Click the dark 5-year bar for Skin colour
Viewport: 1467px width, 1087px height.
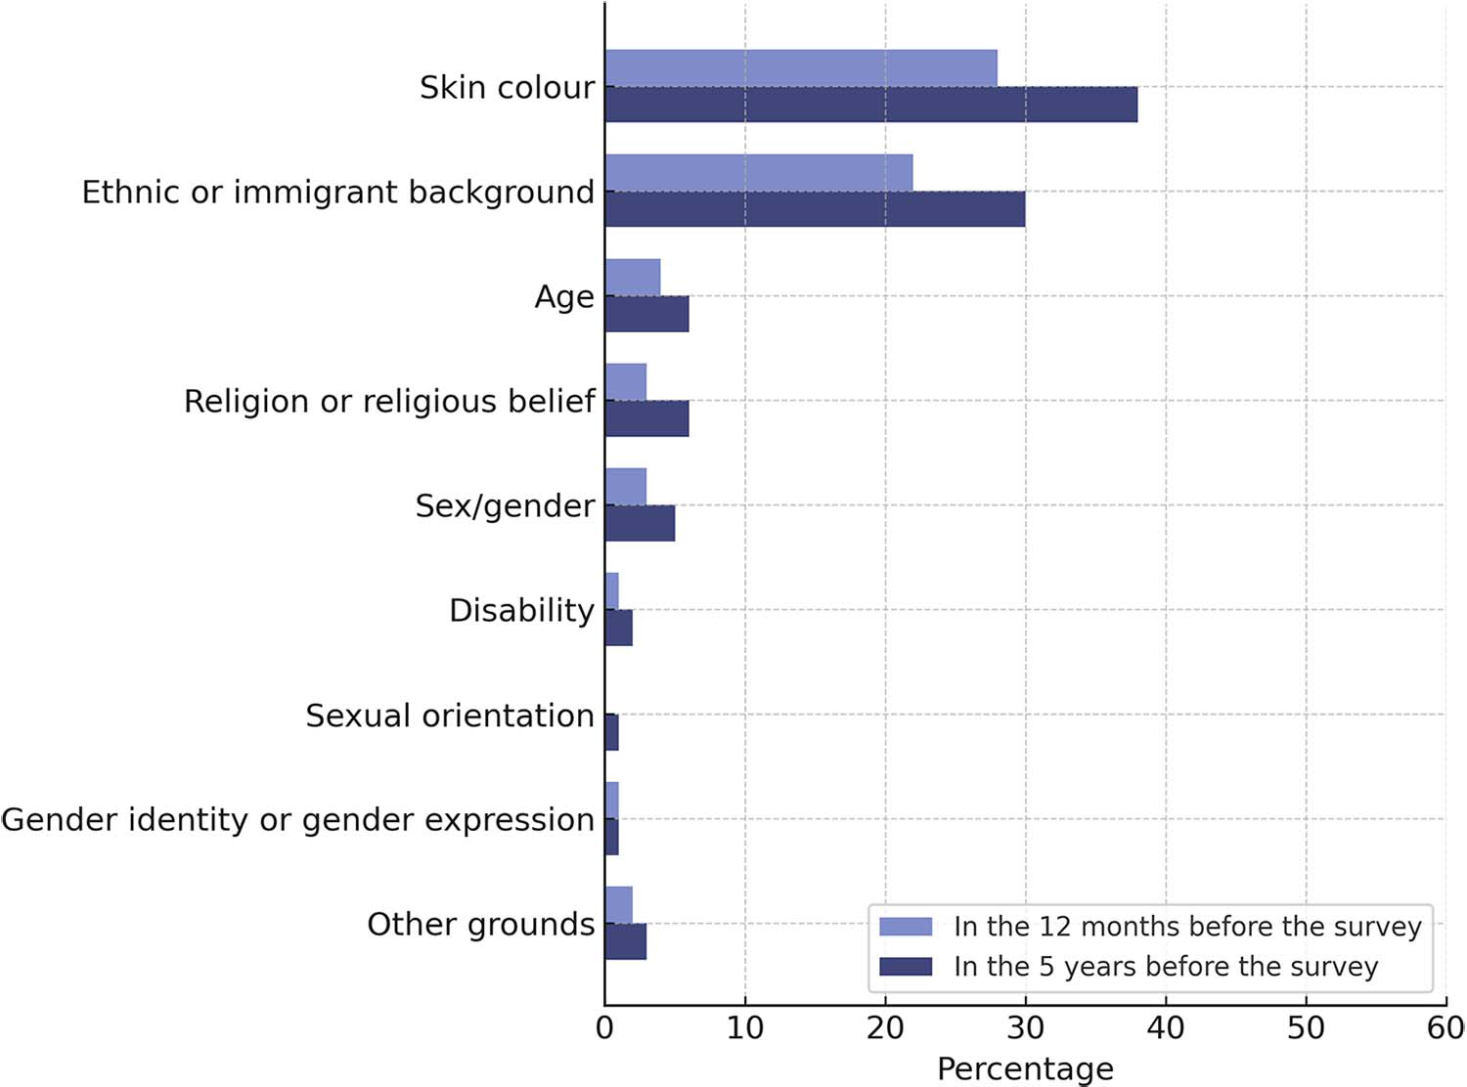[870, 105]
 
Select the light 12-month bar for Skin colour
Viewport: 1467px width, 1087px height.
[801, 68]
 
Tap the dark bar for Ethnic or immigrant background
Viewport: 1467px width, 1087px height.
[815, 209]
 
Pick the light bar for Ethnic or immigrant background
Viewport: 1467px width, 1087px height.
[759, 173]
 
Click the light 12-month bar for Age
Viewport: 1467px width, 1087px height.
[633, 278]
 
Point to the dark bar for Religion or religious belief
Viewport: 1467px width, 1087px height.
[646, 418]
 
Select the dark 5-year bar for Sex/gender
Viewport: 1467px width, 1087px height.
[640, 523]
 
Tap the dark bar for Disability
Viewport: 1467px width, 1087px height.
[619, 628]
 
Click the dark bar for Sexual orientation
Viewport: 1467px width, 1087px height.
[612, 732]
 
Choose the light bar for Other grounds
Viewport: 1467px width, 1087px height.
[619, 905]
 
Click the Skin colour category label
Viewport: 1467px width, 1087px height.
[507, 87]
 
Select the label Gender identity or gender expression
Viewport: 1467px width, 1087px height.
[297, 819]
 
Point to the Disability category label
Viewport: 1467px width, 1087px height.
[521, 610]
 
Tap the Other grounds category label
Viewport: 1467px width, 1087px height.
[480, 924]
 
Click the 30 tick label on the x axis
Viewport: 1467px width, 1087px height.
[1025, 1028]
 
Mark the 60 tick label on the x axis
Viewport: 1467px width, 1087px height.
[1445, 1028]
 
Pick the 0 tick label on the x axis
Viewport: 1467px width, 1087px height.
[604, 1028]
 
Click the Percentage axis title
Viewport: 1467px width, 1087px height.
[1025, 1068]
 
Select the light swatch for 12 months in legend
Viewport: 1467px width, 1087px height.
[906, 927]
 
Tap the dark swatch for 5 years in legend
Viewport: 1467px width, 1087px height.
[906, 967]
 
